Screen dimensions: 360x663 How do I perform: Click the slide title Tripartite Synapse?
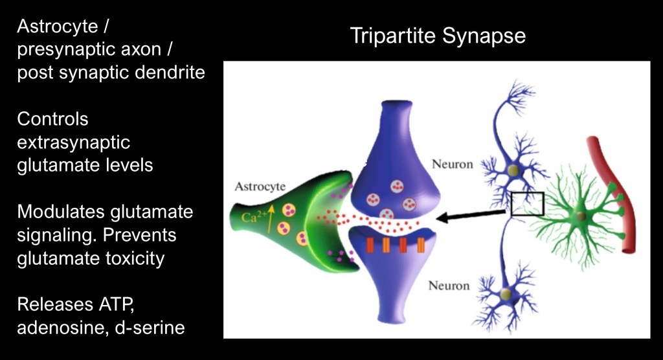[x=438, y=36]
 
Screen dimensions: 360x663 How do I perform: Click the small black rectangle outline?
[x=527, y=203]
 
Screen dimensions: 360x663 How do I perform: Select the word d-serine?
[x=150, y=328]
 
